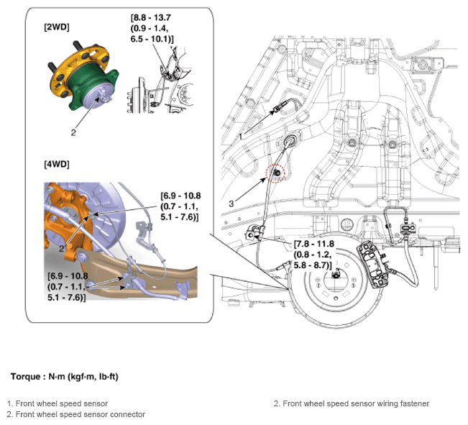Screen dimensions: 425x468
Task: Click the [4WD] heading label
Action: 58,164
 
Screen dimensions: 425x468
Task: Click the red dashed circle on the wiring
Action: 275,173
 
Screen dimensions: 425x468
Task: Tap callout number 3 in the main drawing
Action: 231,204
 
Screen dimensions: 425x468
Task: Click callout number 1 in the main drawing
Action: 240,134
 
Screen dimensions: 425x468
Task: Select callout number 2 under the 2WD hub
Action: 73,132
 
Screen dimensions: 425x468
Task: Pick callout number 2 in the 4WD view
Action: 63,247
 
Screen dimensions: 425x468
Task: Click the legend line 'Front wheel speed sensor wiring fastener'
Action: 352,403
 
